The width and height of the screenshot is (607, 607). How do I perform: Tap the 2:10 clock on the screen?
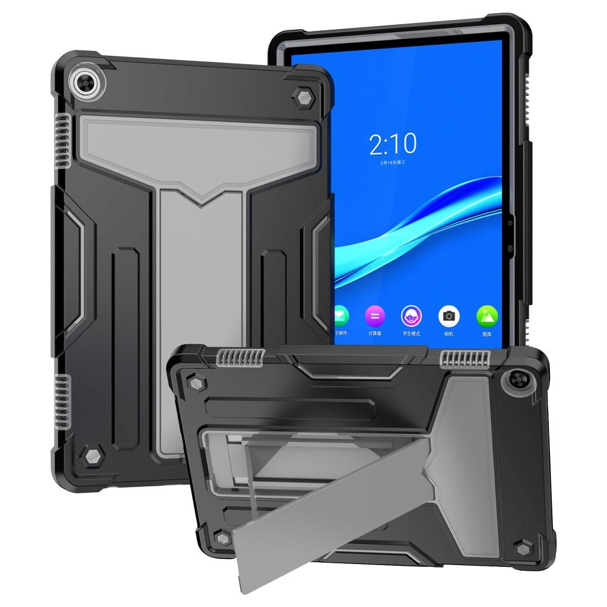point(393,144)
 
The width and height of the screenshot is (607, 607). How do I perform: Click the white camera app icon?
point(449,316)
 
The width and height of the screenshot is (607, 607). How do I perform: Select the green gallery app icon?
point(487,316)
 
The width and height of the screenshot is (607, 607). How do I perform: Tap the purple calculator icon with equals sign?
point(375,316)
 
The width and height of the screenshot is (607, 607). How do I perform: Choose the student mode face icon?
point(412,316)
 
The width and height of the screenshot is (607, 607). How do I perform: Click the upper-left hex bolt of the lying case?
point(196,383)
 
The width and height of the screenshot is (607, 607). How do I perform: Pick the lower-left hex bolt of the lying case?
point(222,537)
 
